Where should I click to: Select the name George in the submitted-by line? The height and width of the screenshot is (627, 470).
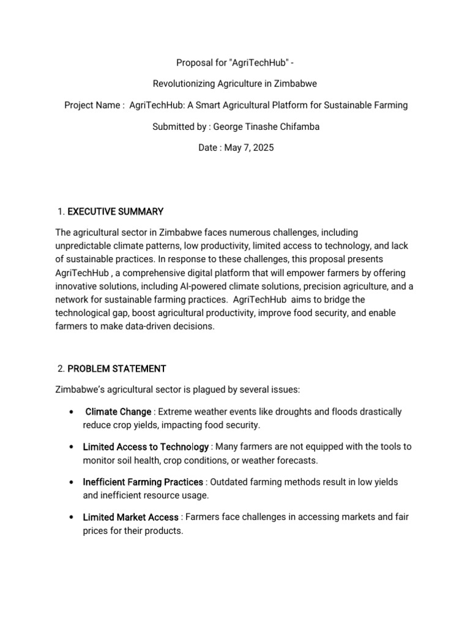pyautogui.click(x=228, y=127)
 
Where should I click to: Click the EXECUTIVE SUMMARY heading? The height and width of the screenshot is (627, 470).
pyautogui.click(x=115, y=212)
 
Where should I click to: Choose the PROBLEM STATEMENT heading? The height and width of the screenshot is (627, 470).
pyautogui.click(x=116, y=369)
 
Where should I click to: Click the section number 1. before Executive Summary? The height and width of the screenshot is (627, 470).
pyautogui.click(x=61, y=212)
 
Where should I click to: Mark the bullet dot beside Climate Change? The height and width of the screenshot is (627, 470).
pyautogui.click(x=73, y=411)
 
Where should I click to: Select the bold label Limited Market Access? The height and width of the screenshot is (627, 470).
pyautogui.click(x=130, y=517)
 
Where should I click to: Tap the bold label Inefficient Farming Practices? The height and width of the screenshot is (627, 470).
pyautogui.click(x=143, y=482)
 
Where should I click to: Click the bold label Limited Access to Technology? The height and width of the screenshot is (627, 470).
pyautogui.click(x=146, y=447)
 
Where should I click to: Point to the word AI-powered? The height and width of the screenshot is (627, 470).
pyautogui.click(x=203, y=287)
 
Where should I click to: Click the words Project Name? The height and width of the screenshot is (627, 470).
pyautogui.click(x=92, y=105)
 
